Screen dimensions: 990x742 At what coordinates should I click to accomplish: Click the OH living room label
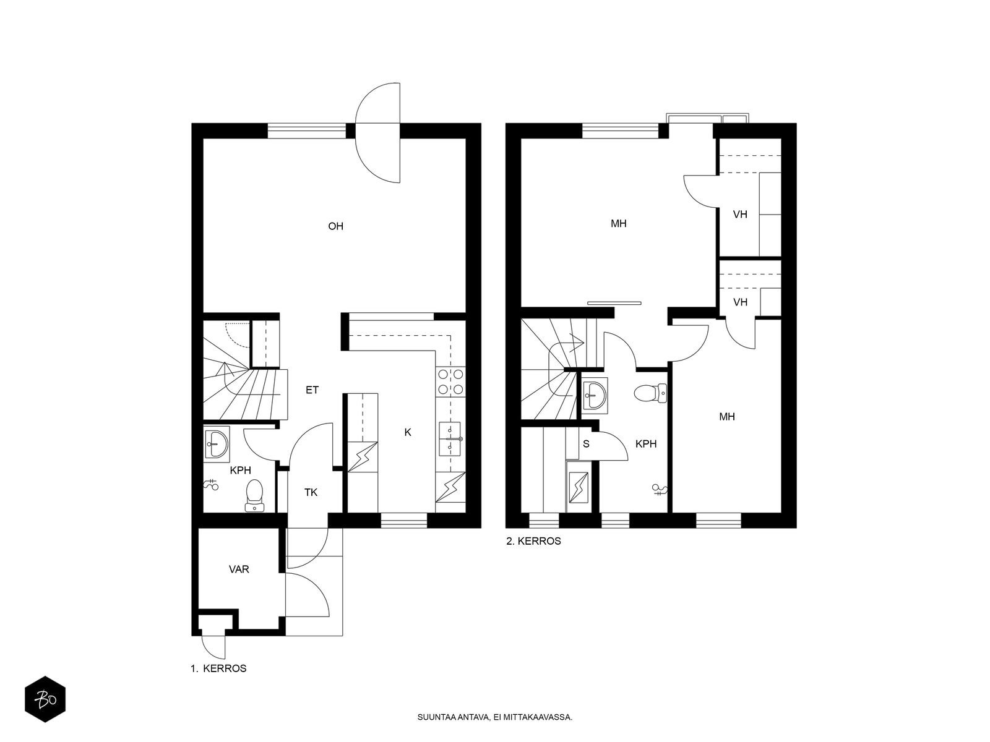tap(335, 226)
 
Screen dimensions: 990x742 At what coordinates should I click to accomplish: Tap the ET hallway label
tap(312, 390)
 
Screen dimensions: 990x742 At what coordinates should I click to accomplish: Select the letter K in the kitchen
tap(408, 432)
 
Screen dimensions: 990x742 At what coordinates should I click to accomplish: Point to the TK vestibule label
tap(311, 492)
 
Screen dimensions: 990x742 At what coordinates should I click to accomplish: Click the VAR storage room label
tap(239, 569)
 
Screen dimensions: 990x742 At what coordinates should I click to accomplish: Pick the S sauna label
tap(587, 444)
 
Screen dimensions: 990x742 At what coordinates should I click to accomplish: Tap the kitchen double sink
tap(450, 439)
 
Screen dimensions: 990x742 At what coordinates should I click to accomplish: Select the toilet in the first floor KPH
tap(254, 495)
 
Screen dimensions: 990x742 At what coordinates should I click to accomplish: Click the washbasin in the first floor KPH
tap(217, 443)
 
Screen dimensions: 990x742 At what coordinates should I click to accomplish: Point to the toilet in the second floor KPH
tap(650, 393)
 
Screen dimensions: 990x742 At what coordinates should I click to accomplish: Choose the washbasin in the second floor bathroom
tap(595, 395)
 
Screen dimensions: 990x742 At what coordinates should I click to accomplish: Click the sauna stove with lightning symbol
tap(578, 487)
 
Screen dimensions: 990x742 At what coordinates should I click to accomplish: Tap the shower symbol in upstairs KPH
tap(660, 490)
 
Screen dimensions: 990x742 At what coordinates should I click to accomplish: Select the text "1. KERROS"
tap(219, 668)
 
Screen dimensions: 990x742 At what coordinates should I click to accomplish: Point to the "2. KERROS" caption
tap(533, 542)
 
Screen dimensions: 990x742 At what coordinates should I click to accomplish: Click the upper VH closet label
tap(740, 215)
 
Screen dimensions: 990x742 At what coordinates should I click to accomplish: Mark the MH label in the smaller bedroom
tap(727, 417)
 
